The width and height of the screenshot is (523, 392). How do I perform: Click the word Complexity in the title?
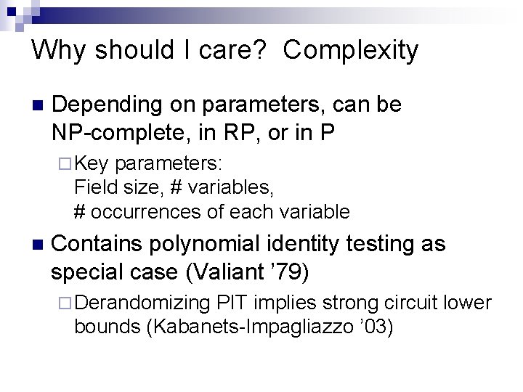pyautogui.click(x=351, y=51)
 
